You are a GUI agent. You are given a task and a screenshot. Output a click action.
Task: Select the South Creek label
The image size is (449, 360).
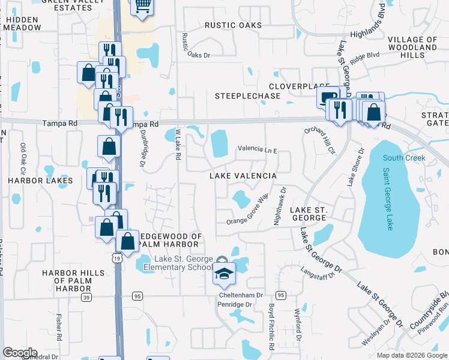404,158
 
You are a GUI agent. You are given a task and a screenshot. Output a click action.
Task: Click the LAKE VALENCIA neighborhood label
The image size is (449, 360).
243,176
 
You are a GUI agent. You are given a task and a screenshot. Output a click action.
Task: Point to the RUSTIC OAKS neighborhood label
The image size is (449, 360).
234,25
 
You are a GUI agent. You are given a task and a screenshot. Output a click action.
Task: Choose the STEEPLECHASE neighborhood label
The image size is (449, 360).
247,96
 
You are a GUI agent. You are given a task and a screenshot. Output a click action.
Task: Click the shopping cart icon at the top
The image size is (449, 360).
142,5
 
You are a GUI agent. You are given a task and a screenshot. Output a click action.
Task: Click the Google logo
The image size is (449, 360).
20,353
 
